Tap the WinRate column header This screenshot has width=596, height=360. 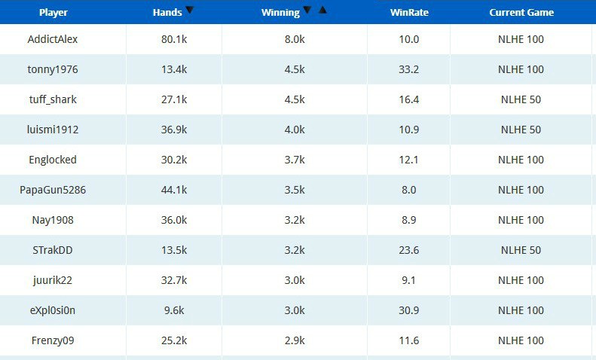[409, 13]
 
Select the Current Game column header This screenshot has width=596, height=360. [521, 12]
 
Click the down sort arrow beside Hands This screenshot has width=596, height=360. [189, 11]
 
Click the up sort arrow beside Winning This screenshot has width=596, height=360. [322, 11]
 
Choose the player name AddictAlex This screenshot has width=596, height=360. [53, 39]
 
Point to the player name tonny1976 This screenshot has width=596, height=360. [53, 69]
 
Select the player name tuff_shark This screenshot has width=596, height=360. [52, 99]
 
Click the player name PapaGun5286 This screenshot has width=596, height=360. [53, 190]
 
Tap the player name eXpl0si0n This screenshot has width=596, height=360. [53, 310]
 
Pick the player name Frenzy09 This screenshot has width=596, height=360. [52, 340]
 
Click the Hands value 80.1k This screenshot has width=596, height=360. [174, 39]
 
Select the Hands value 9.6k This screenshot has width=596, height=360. [174, 310]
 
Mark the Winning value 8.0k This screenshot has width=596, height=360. [295, 39]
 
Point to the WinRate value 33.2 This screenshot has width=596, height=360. [409, 69]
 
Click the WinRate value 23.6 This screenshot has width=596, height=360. [409, 250]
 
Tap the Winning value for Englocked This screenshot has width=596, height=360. [295, 160]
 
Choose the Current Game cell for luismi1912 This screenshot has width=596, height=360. [521, 130]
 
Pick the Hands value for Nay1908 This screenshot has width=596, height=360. [174, 220]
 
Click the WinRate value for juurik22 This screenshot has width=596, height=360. [409, 280]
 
